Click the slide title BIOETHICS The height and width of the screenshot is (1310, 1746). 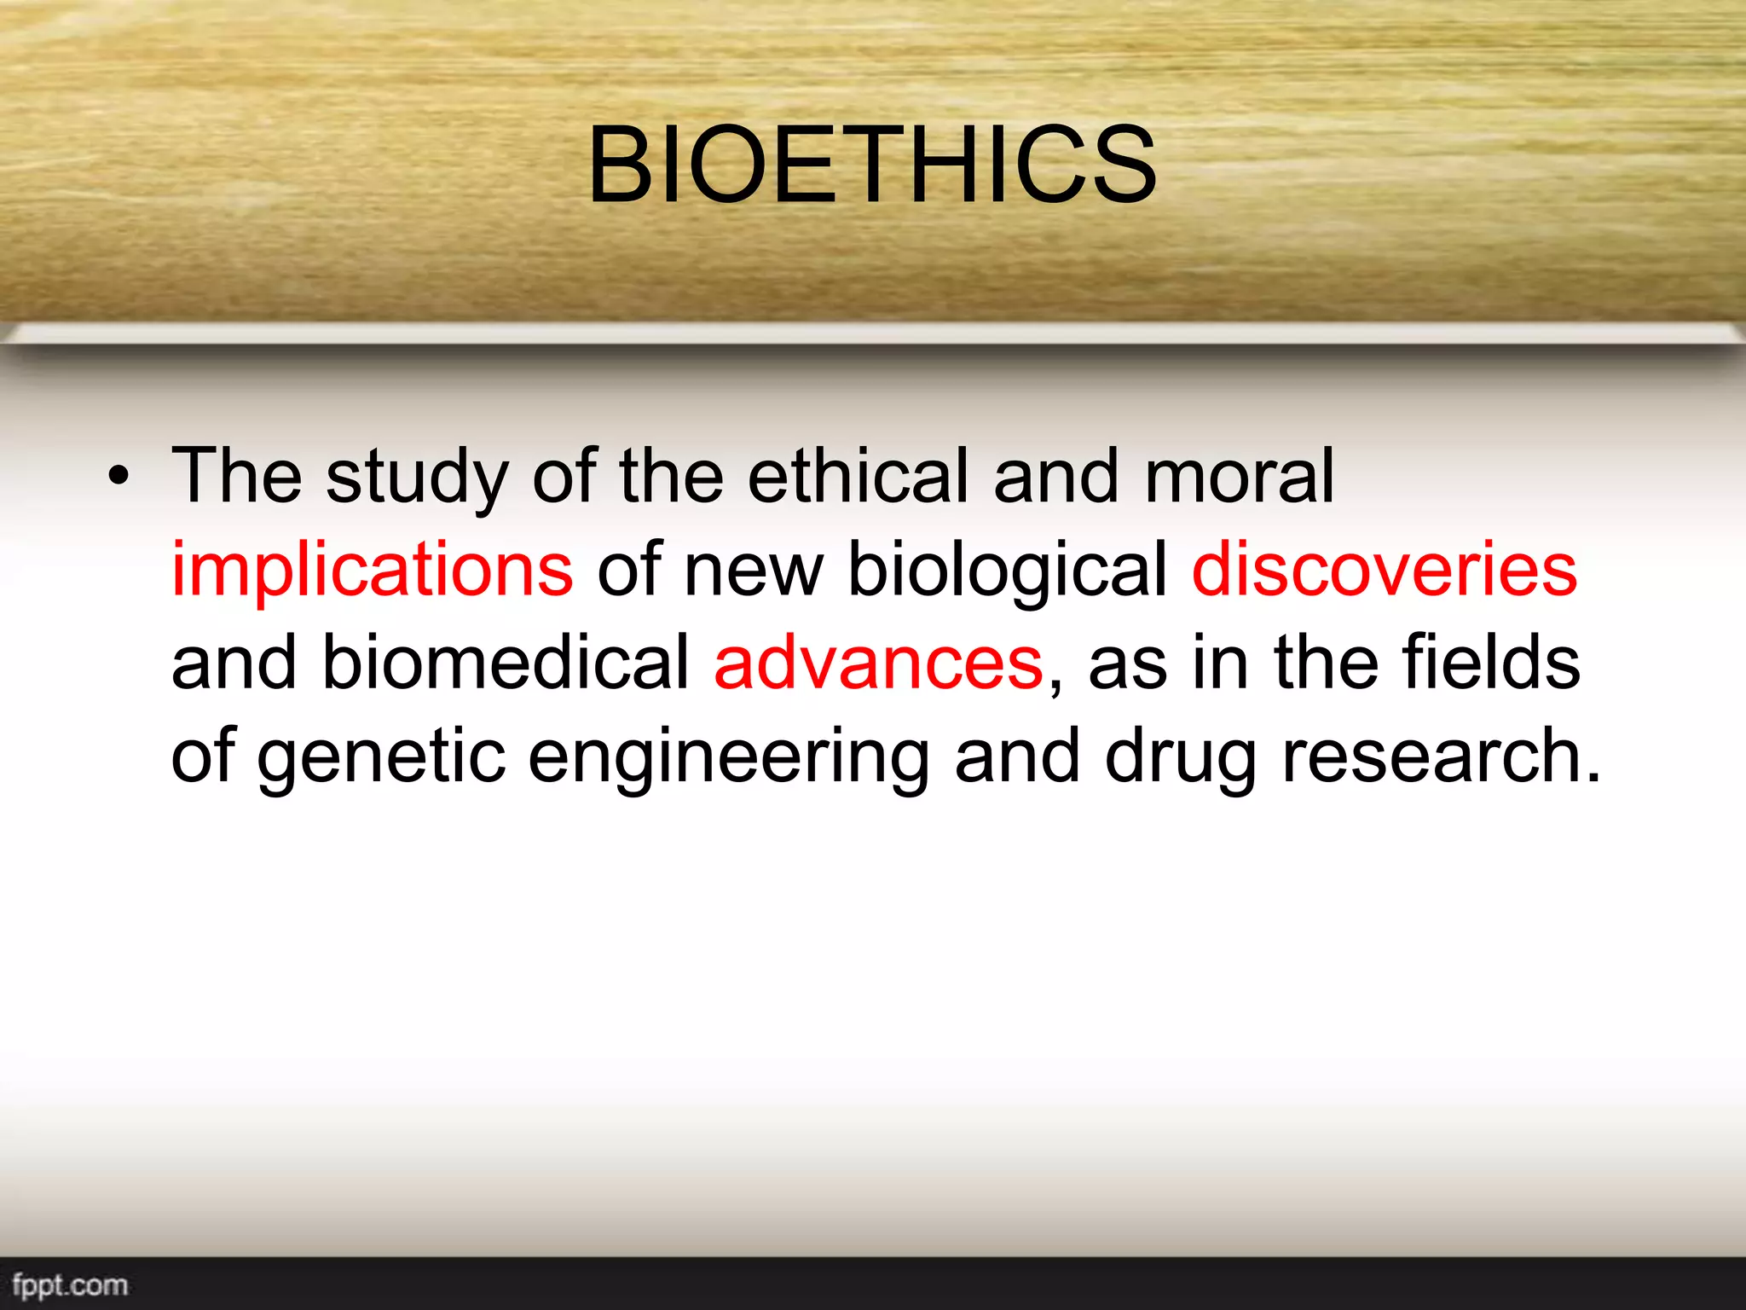[x=872, y=165]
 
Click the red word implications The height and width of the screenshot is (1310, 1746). [x=373, y=570]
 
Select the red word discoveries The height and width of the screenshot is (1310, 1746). [x=1384, y=570]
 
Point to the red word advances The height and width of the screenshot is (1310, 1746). [x=878, y=664]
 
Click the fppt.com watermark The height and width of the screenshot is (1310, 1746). [x=70, y=1285]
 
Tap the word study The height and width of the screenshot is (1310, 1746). [x=417, y=477]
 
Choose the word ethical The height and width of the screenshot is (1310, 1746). [x=859, y=477]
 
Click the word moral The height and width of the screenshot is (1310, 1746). [x=1239, y=477]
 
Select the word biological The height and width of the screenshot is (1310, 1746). [x=1007, y=570]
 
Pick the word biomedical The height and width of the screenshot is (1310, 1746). [x=506, y=664]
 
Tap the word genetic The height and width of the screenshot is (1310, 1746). [x=381, y=757]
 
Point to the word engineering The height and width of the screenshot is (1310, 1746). [x=728, y=757]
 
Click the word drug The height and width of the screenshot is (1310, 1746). [x=1180, y=757]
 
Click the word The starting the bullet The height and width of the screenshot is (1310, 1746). [x=237, y=477]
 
